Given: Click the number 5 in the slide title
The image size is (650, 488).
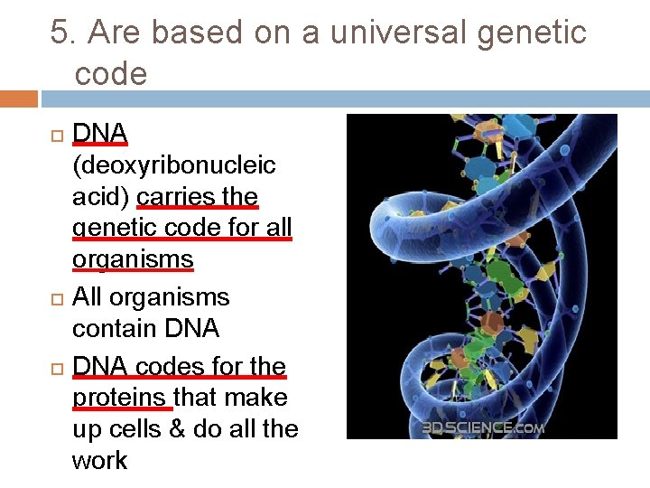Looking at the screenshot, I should [60, 33].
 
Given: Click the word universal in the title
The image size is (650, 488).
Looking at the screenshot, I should [395, 33].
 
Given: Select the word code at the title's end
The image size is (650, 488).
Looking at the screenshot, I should [110, 74].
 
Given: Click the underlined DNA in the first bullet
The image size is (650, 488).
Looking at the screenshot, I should [99, 134].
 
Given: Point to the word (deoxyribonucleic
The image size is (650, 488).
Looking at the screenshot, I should [173, 165].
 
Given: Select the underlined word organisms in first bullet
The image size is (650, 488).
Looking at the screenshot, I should [133, 260].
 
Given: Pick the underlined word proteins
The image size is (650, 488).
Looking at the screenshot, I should [121, 398].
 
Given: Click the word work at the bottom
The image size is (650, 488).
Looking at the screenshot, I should [99, 461].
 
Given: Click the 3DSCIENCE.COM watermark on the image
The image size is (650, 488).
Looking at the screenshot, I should [482, 427].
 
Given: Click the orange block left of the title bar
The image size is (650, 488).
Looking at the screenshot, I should [19, 99].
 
